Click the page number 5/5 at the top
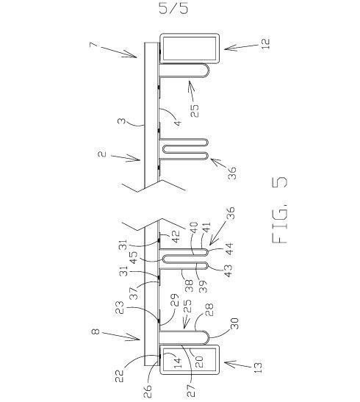click(x=173, y=8)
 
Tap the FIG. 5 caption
click(x=279, y=210)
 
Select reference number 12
click(x=265, y=44)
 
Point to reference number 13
click(x=259, y=367)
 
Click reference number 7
click(x=93, y=45)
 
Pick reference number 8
click(x=95, y=331)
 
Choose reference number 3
click(x=122, y=121)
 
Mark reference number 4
click(x=178, y=122)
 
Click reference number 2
click(x=102, y=154)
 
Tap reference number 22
click(x=119, y=376)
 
